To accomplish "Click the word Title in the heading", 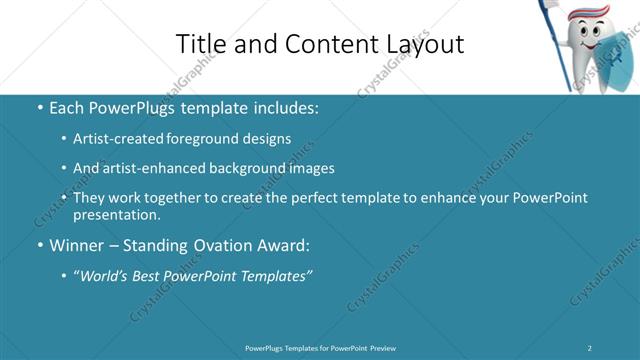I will click(x=198, y=44).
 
